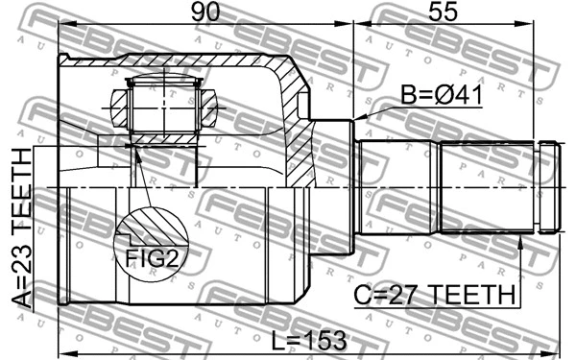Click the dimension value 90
[x=204, y=13]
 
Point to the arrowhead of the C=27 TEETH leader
[x=520, y=240]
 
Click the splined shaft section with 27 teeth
[x=485, y=186]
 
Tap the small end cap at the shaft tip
[x=548, y=186]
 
